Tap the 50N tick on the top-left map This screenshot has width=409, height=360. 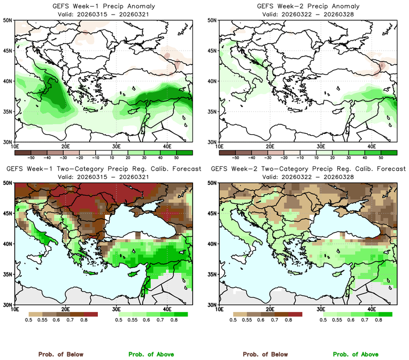click(x=8, y=21)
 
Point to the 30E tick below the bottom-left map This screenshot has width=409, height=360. click(x=116, y=309)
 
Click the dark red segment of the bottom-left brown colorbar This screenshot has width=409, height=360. click(x=90, y=314)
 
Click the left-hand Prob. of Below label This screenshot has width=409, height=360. click(x=60, y=354)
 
